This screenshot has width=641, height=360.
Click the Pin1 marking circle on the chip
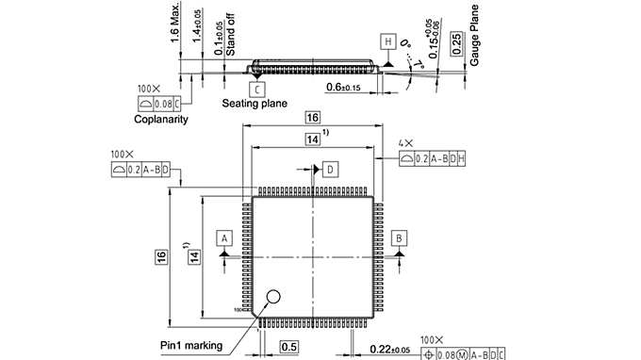(x=273, y=298)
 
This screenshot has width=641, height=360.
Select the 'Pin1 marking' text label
(x=192, y=346)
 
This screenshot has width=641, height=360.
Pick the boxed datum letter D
(x=330, y=169)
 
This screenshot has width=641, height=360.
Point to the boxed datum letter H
(x=387, y=42)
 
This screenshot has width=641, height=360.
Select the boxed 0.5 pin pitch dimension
(x=291, y=347)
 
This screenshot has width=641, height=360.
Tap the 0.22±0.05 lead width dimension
(x=390, y=350)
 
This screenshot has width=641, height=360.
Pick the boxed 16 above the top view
(x=313, y=118)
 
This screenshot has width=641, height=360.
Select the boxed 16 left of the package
(x=161, y=255)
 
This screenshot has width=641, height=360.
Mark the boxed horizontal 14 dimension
(x=313, y=139)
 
